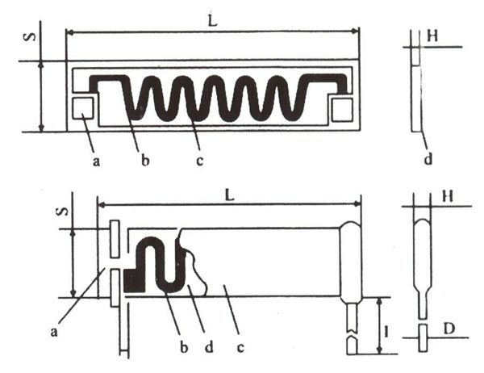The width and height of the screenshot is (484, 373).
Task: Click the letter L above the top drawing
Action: pyautogui.click(x=212, y=20)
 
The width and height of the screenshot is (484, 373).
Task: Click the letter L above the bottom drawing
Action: pyautogui.click(x=230, y=194)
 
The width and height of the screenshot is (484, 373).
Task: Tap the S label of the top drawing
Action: pyautogui.click(x=30, y=37)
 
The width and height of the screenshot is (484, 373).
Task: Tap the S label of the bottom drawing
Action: pyautogui.click(x=63, y=212)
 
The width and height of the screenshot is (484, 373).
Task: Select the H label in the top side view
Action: pyautogui.click(x=432, y=36)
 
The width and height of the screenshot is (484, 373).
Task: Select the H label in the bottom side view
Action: pyautogui.click(x=448, y=196)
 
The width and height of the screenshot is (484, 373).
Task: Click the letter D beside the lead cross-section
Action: pyautogui.click(x=449, y=329)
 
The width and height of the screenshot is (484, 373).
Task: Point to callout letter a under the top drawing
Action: pyautogui.click(x=96, y=161)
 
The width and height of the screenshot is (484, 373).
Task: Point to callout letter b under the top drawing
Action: pyautogui.click(x=145, y=160)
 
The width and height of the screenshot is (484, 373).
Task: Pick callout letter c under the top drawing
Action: pyautogui.click(x=200, y=161)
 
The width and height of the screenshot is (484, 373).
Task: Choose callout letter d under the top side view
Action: pyautogui.click(x=428, y=160)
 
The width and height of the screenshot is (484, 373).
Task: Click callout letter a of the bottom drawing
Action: pyautogui.click(x=54, y=332)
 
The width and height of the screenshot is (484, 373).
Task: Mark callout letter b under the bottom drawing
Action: pyautogui.click(x=184, y=347)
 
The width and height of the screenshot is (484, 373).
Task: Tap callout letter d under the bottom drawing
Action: pyautogui.click(x=209, y=347)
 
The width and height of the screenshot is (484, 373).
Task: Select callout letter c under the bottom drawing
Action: pyautogui.click(x=240, y=348)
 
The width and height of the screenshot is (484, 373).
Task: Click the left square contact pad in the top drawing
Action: pyautogui.click(x=83, y=108)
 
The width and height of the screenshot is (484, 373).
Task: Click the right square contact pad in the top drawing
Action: pyautogui.click(x=342, y=110)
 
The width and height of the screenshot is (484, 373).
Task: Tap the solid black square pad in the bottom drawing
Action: pyautogui.click(x=135, y=280)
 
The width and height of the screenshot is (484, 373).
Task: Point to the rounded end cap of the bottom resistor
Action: pyautogui.click(x=351, y=262)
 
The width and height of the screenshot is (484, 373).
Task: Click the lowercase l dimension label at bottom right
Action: pyautogui.click(x=386, y=332)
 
